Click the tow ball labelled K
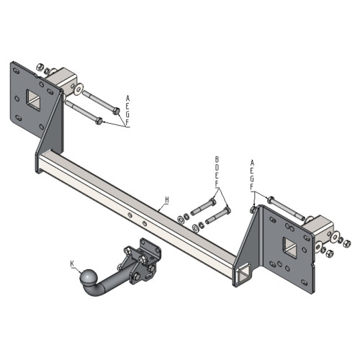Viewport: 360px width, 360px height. tap(89, 278)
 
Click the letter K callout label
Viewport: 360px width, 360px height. tap(72, 264)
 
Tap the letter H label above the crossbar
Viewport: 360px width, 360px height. tap(167, 199)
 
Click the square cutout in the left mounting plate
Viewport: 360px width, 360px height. tap(33, 100)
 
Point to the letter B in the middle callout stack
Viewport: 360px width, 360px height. tap(217, 159)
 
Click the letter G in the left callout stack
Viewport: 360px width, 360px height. tap(127, 114)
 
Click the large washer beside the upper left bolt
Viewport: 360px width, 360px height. tap(78, 89)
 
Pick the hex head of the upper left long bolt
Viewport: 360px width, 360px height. tap(116, 111)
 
